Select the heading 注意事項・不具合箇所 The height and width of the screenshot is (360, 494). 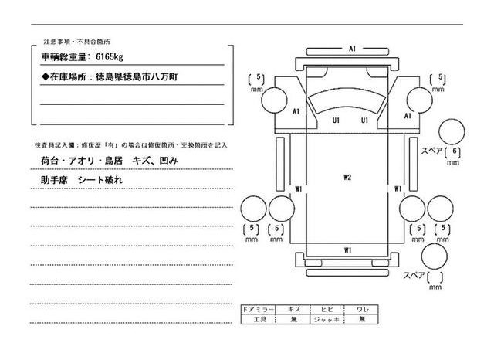(69, 39)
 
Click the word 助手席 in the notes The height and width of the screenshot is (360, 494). (53, 179)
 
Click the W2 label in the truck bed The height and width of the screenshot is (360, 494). (347, 178)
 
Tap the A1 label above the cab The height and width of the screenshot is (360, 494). (351, 49)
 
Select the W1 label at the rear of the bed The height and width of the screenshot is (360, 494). (348, 250)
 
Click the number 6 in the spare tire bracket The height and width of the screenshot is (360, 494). (456, 151)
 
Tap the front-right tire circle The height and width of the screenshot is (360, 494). (419, 99)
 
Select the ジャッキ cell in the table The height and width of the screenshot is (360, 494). (327, 318)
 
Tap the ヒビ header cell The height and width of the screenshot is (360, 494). (327, 309)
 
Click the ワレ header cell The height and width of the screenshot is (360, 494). (361, 309)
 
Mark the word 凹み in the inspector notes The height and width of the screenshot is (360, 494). (168, 160)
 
